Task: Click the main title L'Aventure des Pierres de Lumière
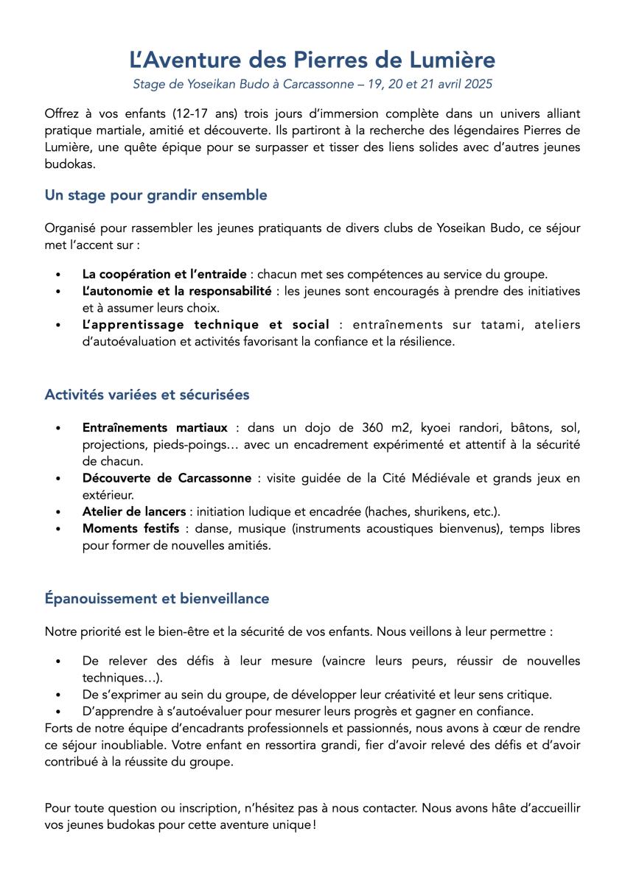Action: [312, 59]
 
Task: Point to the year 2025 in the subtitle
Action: [478, 84]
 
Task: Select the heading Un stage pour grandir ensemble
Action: [156, 195]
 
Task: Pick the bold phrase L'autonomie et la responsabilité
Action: [177, 291]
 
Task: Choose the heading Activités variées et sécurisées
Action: [147, 394]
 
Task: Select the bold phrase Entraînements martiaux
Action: [155, 427]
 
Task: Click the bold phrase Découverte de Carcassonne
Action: [167, 478]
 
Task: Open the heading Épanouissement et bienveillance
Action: [156, 598]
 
